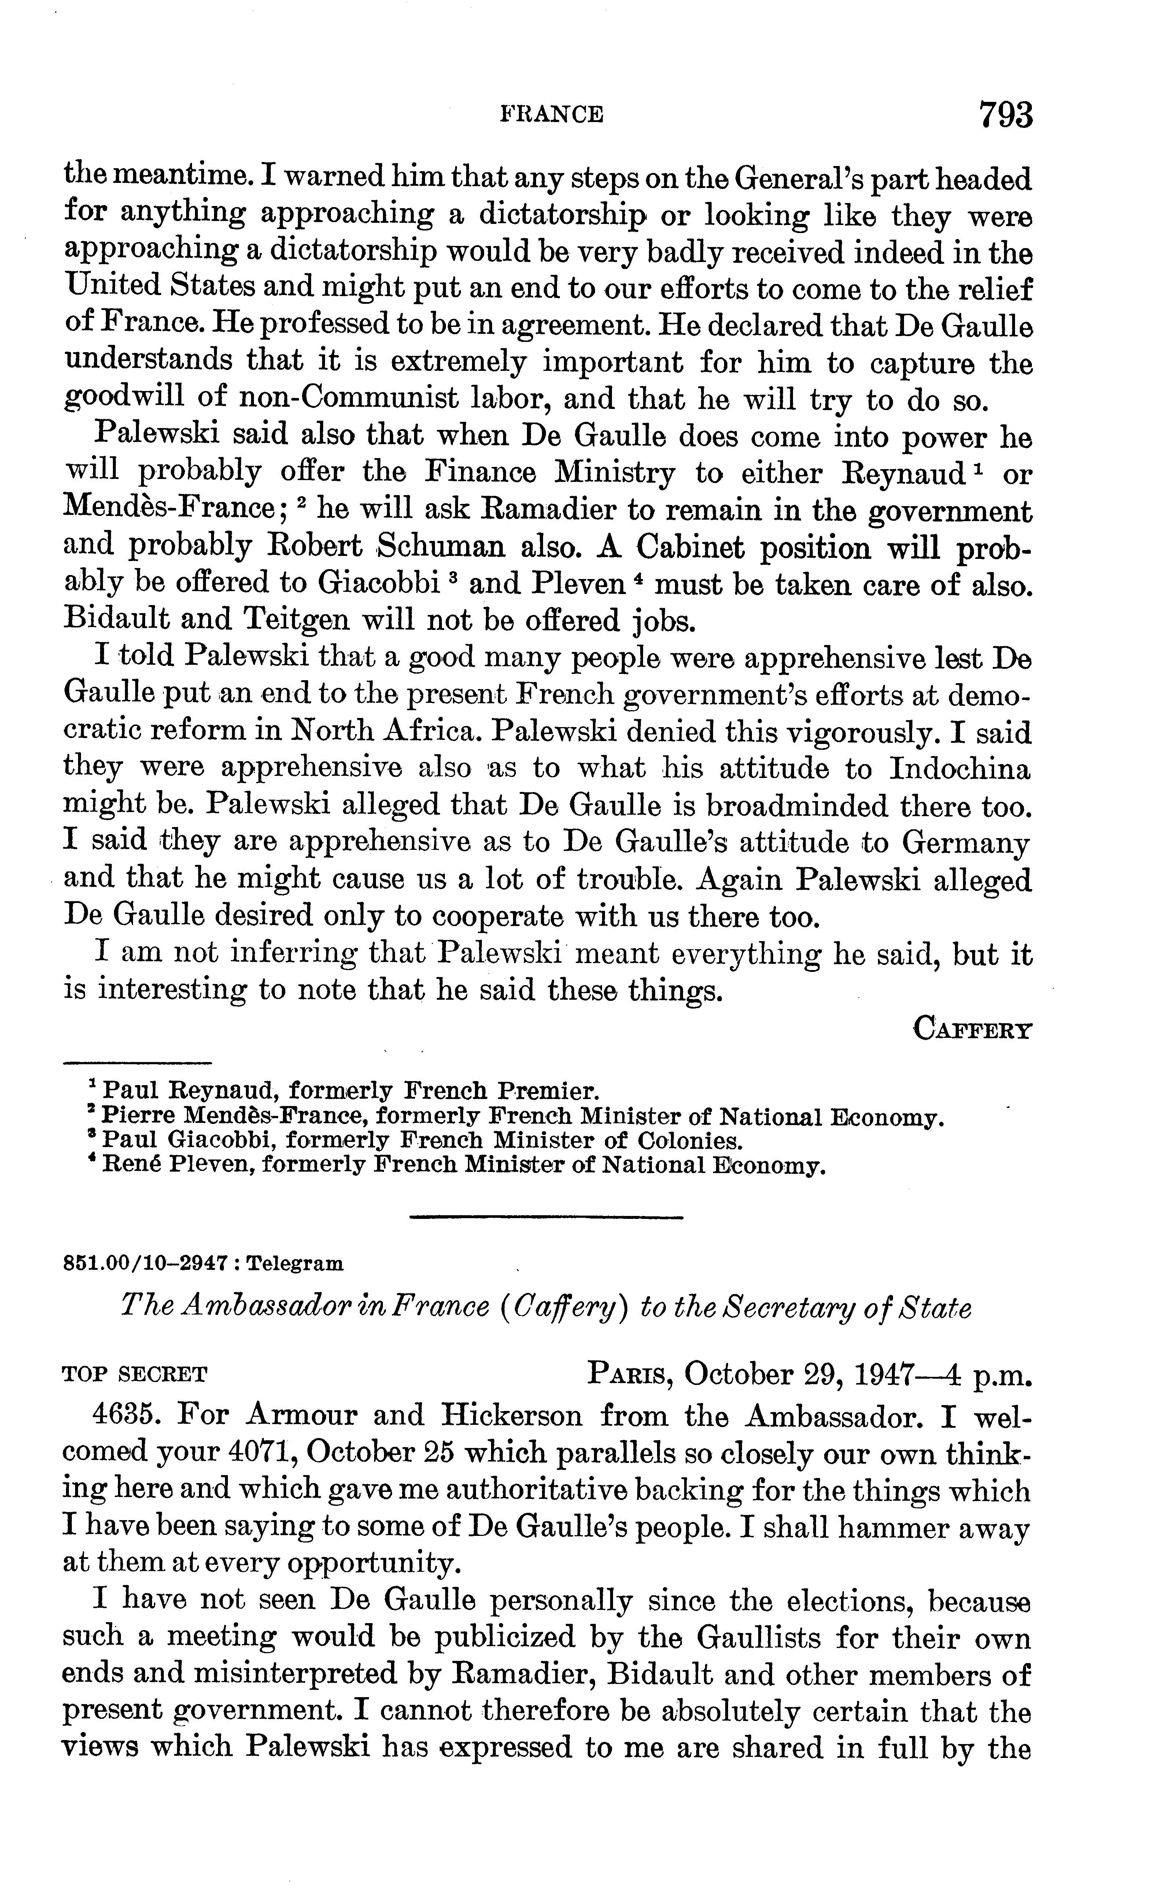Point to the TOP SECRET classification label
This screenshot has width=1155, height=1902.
[x=134, y=1375]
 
